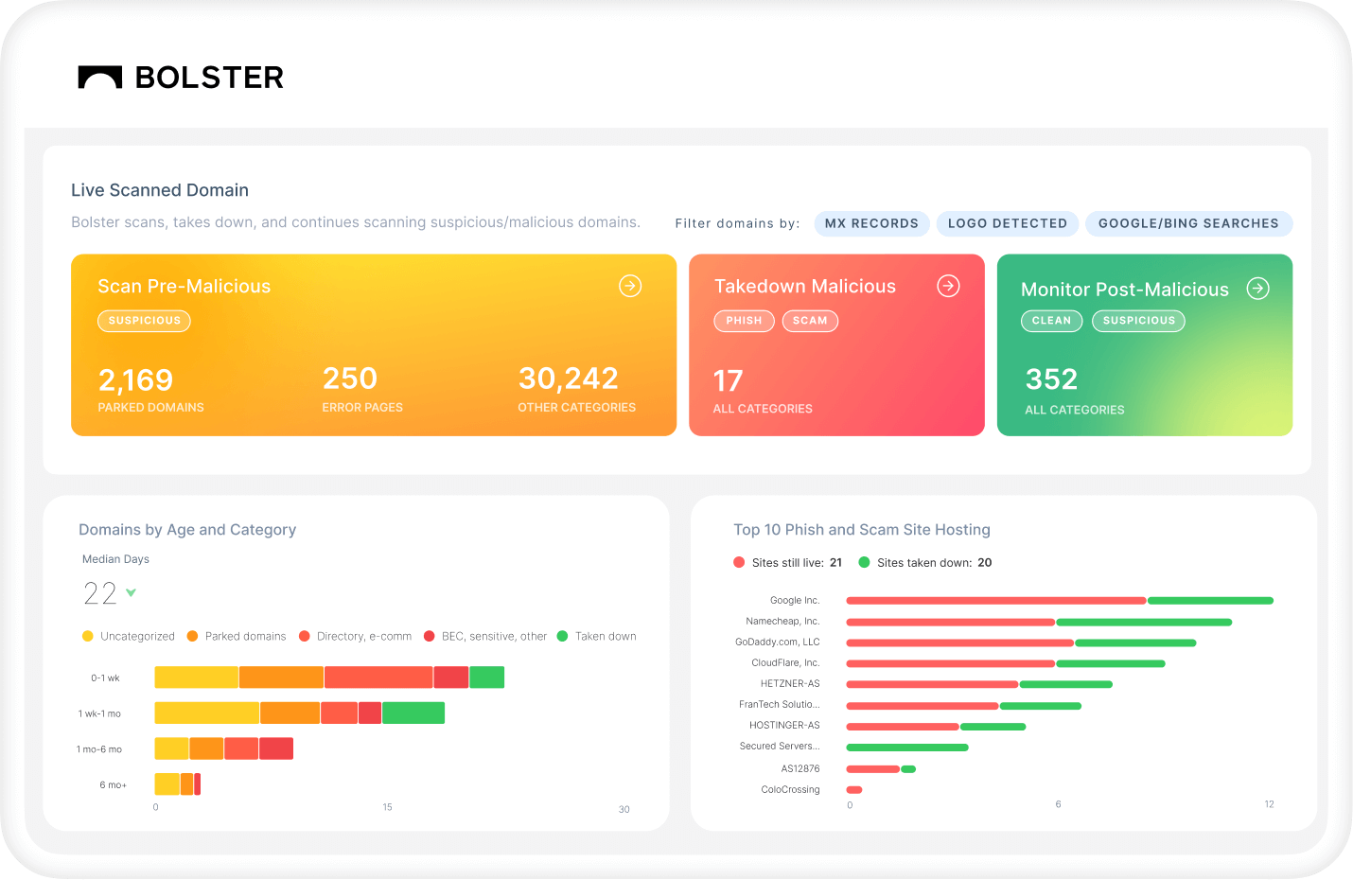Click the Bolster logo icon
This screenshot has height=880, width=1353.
click(100, 78)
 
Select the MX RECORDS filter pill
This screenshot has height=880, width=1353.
click(871, 223)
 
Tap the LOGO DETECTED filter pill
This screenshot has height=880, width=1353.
click(1008, 223)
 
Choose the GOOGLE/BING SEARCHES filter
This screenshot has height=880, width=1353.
click(1188, 223)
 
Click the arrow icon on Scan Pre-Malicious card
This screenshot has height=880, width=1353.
click(630, 286)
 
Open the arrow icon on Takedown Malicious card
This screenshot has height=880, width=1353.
click(948, 286)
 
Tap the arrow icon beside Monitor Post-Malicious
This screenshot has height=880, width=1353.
click(1257, 289)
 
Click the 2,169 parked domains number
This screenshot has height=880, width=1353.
click(136, 380)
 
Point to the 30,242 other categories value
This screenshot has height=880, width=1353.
click(568, 378)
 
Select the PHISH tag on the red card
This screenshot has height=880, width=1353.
click(744, 321)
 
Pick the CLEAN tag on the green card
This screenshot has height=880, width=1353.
click(1051, 321)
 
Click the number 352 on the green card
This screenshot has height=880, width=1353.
click(1052, 379)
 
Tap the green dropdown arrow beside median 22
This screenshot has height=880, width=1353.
click(132, 593)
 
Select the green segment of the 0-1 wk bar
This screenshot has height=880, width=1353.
click(486, 678)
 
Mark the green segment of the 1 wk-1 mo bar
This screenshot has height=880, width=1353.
click(413, 713)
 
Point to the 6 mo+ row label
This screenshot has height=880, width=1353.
click(113, 784)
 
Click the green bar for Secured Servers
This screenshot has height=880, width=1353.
click(906, 748)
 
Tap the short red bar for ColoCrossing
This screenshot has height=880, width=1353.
click(854, 789)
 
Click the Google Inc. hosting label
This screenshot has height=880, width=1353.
click(795, 600)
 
